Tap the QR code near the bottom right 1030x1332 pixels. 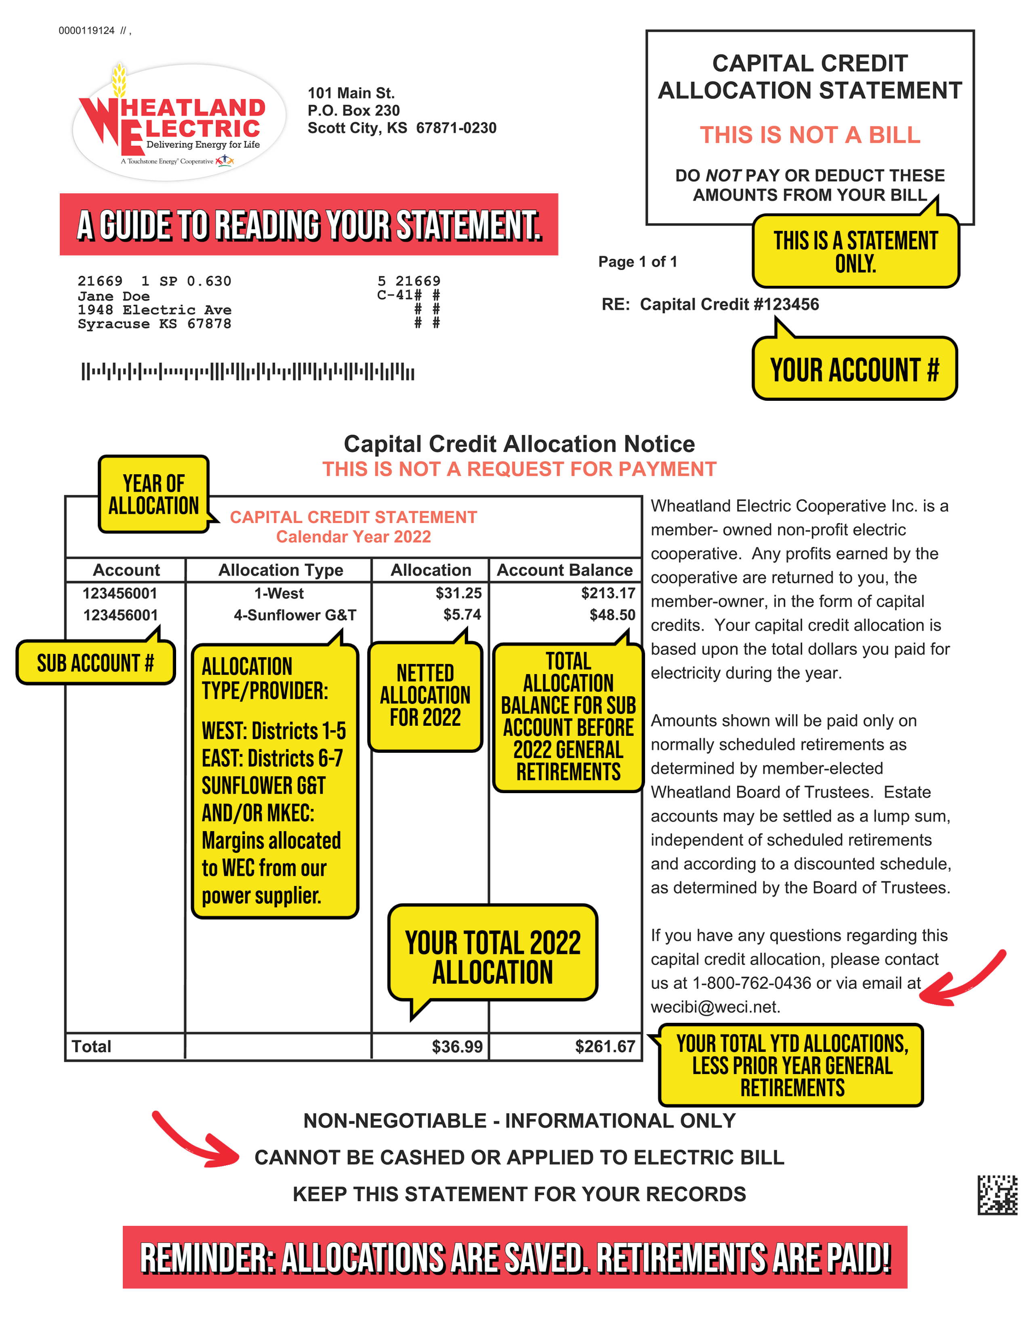tap(997, 1194)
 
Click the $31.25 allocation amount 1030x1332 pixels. tap(458, 593)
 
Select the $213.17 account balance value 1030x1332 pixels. tap(608, 593)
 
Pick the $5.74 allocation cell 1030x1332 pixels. tap(462, 614)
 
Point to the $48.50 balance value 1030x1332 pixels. tap(612, 614)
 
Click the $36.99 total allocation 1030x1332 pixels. tap(457, 1047)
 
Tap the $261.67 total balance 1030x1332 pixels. tap(605, 1047)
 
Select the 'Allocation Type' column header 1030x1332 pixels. tap(281, 570)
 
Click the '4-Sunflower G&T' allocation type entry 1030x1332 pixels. tap(295, 615)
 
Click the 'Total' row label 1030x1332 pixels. tap(92, 1047)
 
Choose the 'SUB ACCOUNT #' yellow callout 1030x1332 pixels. tap(95, 663)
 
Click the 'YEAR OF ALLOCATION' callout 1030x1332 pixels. tap(154, 494)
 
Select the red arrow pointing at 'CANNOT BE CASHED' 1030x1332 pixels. tap(195, 1141)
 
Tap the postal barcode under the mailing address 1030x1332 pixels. tap(248, 371)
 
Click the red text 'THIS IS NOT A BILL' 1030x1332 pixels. tap(810, 135)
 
